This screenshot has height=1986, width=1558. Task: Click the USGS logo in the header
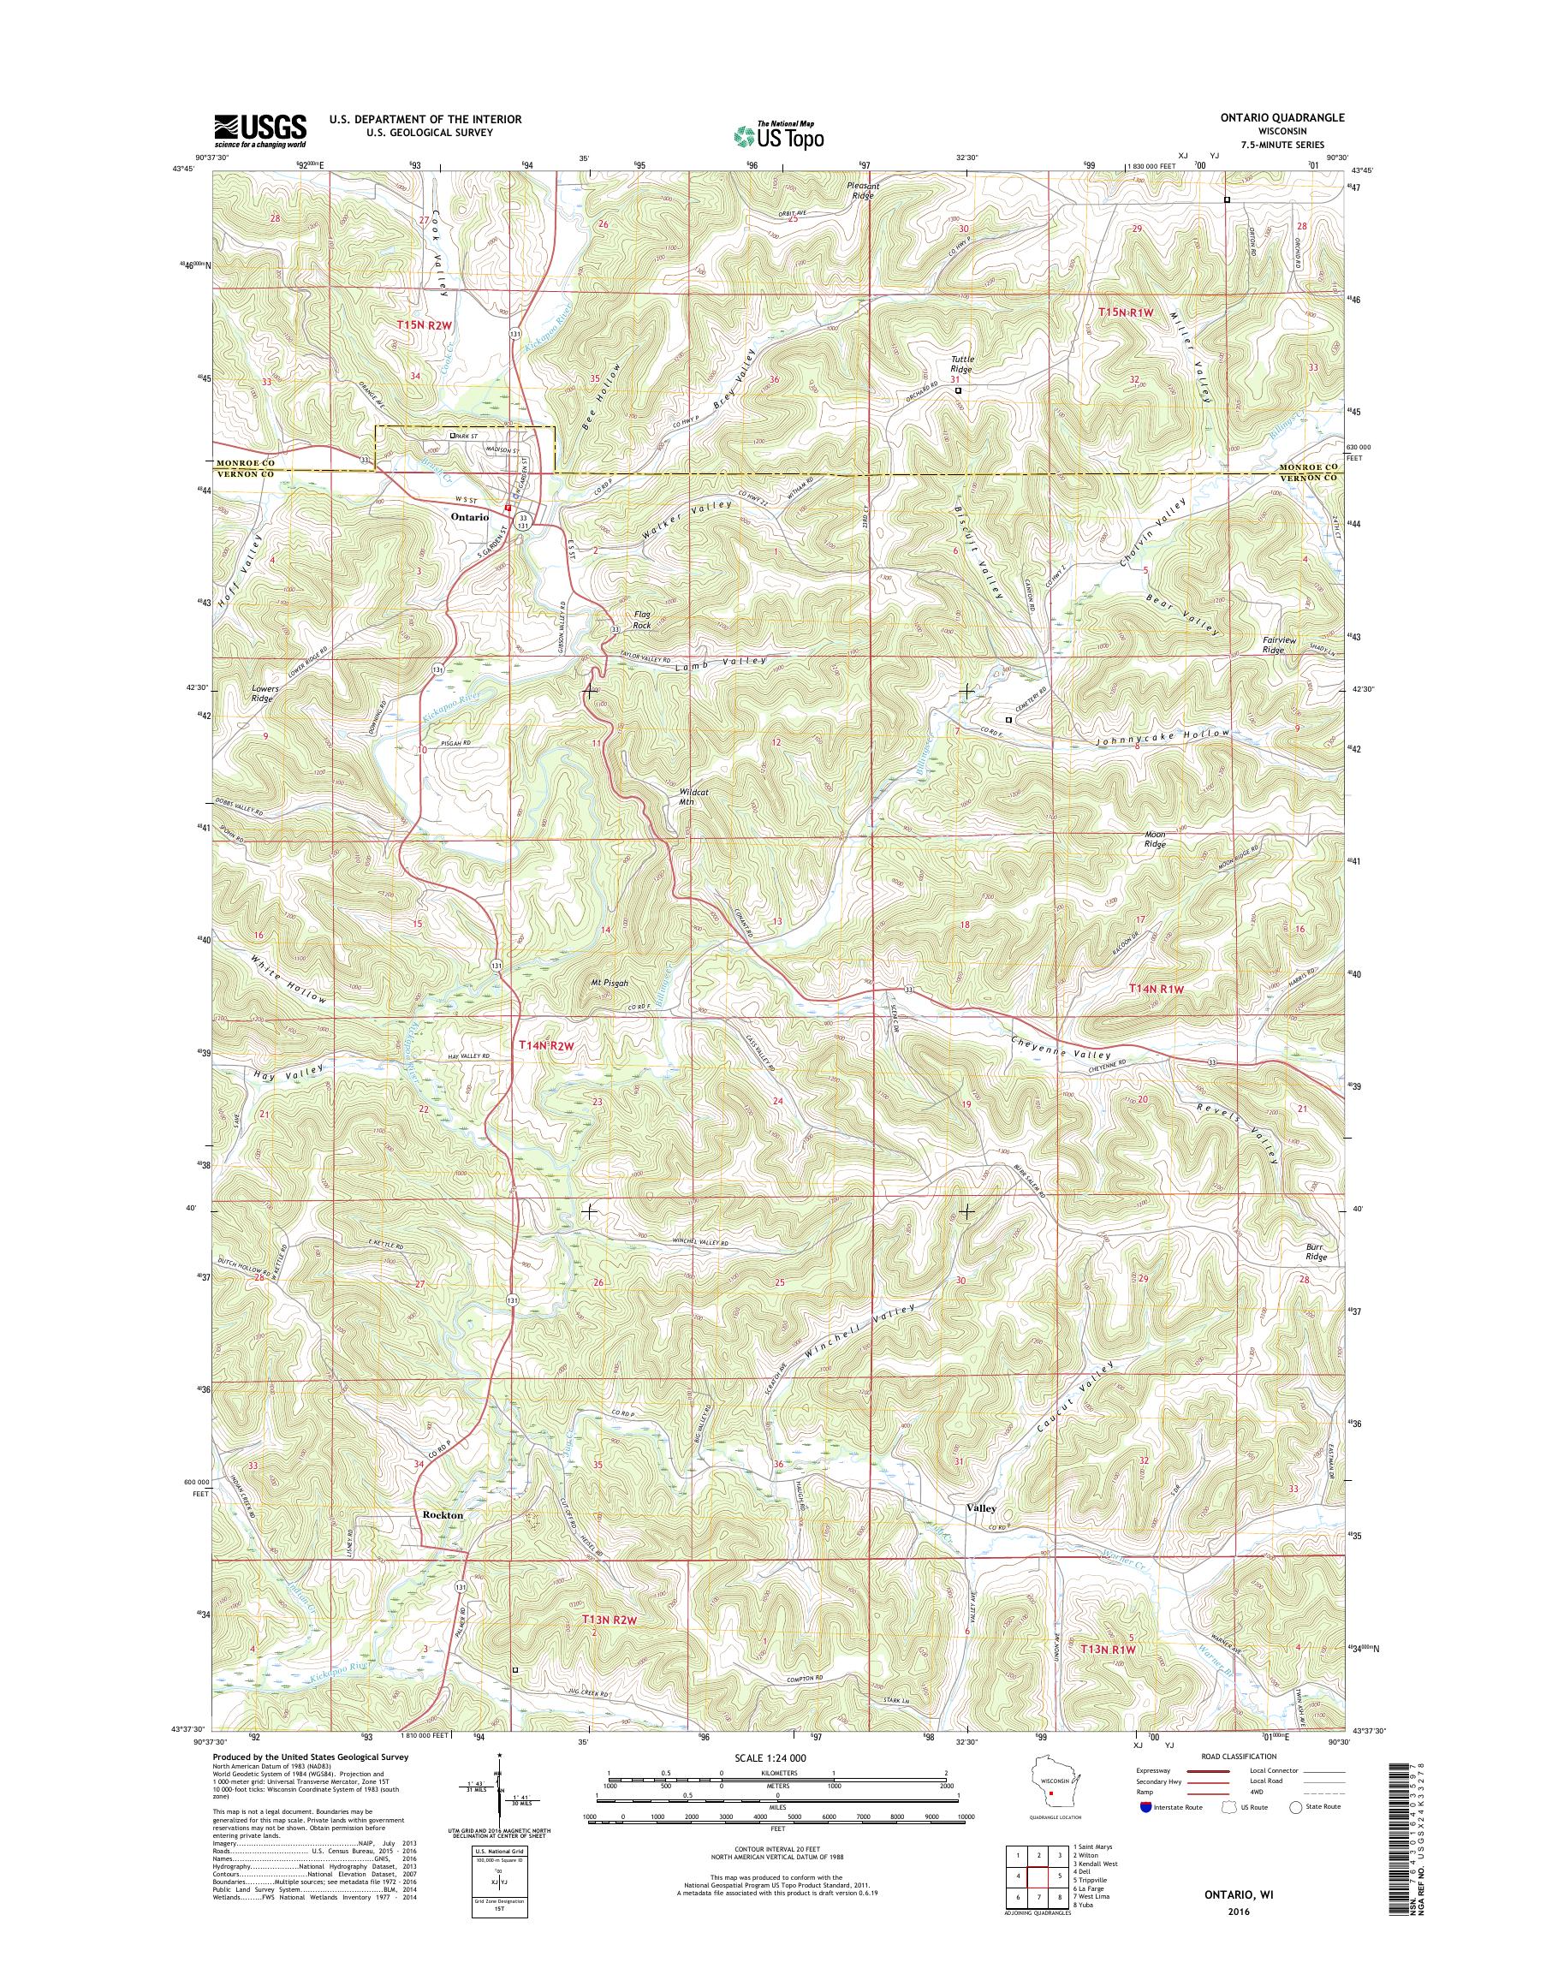pos(260,130)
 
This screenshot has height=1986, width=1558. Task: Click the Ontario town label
pos(468,516)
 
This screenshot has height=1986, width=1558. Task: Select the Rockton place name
pos(443,1515)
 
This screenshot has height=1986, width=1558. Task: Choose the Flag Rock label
pos(642,621)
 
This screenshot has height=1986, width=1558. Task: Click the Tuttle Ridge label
pos(962,364)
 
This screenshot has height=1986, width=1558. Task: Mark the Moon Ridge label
pos(1155,839)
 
